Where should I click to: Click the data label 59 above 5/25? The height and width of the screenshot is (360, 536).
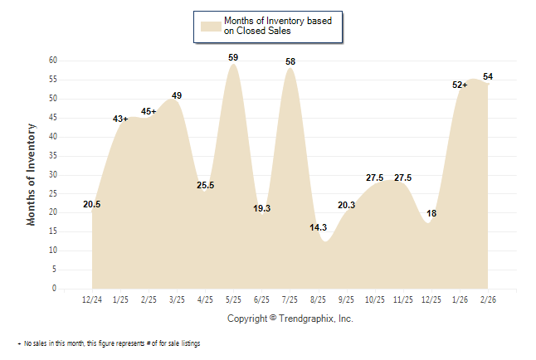pyautogui.click(x=234, y=57)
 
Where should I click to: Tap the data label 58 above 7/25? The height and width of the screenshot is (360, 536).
pyautogui.click(x=290, y=61)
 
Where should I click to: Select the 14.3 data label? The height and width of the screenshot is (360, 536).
pyautogui.click(x=319, y=227)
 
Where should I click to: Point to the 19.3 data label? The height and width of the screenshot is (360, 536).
pyautogui.click(x=262, y=208)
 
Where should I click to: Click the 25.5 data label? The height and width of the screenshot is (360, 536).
pyautogui.click(x=205, y=185)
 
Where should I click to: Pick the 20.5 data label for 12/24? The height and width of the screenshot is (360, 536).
pyautogui.click(x=92, y=204)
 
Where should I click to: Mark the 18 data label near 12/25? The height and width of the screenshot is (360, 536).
pyautogui.click(x=431, y=213)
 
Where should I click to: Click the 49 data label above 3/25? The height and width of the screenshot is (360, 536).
pyautogui.click(x=177, y=95)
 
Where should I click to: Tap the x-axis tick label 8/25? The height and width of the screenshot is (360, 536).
pyautogui.click(x=319, y=299)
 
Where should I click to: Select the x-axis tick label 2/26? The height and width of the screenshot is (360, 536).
pyautogui.click(x=488, y=299)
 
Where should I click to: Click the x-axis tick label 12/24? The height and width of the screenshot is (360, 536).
pyautogui.click(x=92, y=299)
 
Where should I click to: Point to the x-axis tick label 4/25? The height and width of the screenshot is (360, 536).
pyautogui.click(x=205, y=299)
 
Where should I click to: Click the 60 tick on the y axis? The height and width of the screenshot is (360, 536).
pyautogui.click(x=52, y=60)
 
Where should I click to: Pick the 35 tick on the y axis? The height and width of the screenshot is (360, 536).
pyautogui.click(x=52, y=155)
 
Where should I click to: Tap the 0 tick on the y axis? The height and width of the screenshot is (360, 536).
pyautogui.click(x=55, y=289)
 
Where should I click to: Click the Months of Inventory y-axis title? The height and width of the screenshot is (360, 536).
pyautogui.click(x=32, y=174)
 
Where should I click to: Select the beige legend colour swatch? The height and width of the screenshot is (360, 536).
pyautogui.click(x=210, y=26)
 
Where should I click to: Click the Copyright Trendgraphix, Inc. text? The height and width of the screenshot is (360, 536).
pyautogui.click(x=290, y=318)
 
